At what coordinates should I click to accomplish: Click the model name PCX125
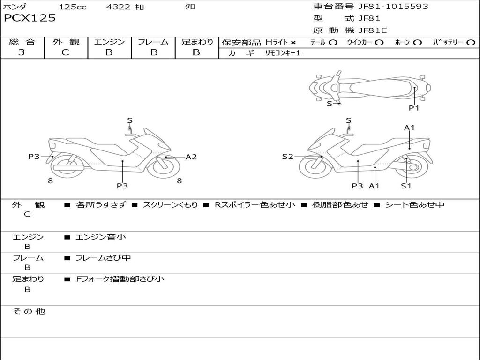30,18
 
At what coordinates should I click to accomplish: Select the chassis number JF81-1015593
393,7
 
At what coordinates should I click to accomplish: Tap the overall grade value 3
22,52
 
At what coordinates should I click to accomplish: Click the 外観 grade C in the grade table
65,52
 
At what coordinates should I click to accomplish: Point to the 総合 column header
22,42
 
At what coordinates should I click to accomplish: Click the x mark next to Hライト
293,43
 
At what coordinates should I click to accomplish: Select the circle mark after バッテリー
471,43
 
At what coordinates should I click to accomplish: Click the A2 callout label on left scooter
191,157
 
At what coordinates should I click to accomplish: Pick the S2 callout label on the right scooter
287,157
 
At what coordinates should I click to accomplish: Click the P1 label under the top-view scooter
414,108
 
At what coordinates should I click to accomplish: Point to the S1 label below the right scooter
406,186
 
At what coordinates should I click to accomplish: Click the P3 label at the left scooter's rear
34,157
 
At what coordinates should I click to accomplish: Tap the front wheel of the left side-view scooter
163,167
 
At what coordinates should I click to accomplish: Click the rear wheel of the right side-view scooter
412,167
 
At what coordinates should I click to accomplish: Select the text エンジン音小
101,237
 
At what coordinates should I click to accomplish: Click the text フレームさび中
103,258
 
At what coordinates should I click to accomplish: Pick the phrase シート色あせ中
414,204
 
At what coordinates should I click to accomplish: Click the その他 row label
29,311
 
